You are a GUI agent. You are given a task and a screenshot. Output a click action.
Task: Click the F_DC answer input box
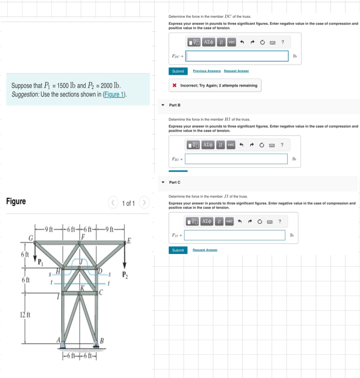[237, 56]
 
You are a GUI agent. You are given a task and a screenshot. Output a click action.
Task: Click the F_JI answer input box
[235, 235]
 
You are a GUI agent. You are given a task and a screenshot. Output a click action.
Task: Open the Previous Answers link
[207, 71]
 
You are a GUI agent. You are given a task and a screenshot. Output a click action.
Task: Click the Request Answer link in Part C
[205, 250]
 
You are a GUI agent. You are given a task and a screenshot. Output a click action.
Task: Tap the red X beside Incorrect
[174, 86]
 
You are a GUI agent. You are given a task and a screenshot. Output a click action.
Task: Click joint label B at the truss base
[102, 340]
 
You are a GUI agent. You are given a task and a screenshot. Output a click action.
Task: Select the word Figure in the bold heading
[16, 201]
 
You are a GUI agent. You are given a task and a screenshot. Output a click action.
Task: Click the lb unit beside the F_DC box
[294, 56]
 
